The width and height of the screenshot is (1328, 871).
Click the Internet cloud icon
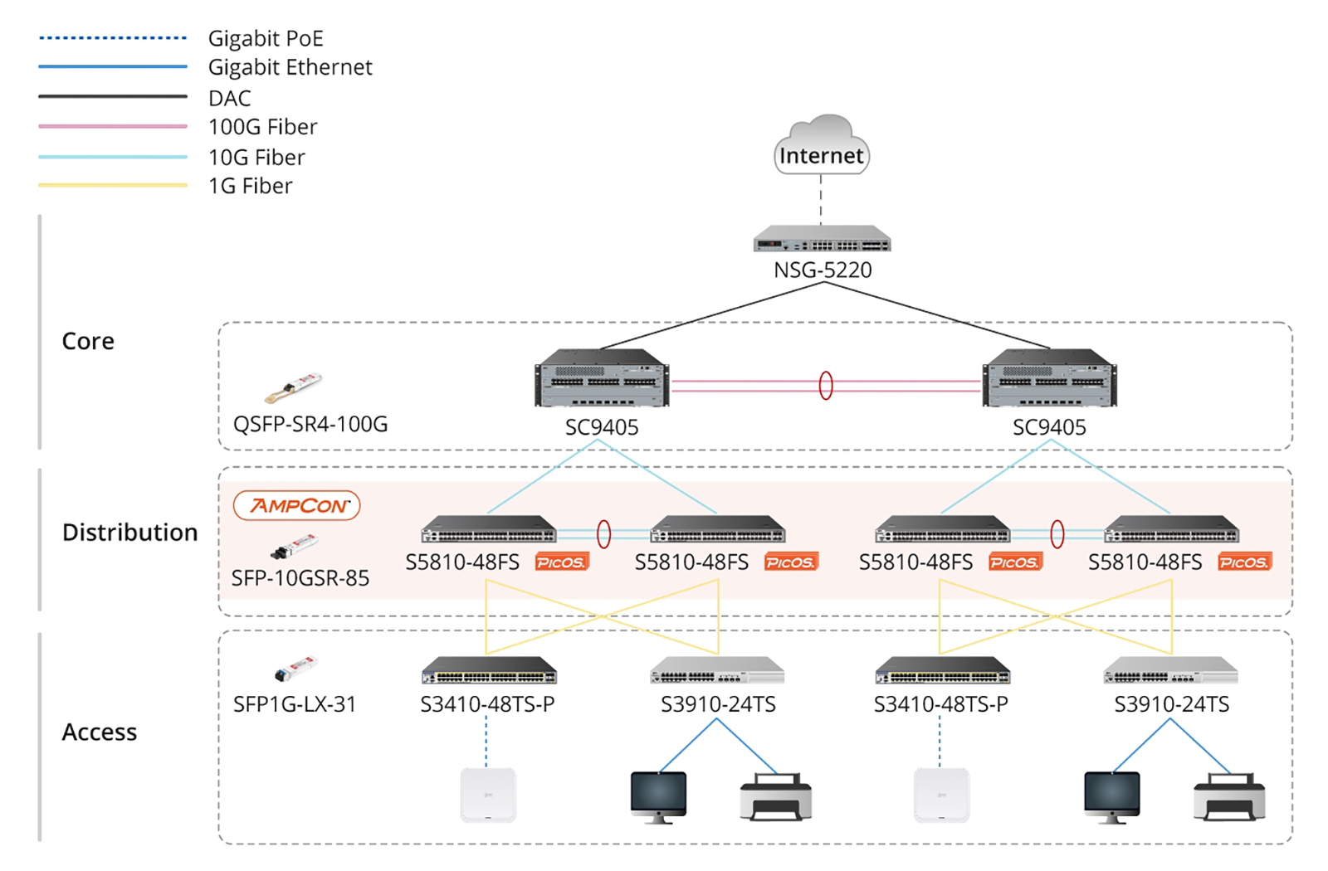point(821,145)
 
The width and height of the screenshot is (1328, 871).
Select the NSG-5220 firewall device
point(822,240)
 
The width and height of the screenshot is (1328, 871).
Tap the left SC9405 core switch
point(602,378)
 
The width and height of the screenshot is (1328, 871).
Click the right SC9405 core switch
point(1049,378)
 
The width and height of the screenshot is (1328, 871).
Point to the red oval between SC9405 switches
point(826,385)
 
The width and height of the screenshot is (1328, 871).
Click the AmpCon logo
point(297,505)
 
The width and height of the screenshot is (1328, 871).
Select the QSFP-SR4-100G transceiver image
point(294,387)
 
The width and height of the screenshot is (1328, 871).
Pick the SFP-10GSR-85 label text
point(300,578)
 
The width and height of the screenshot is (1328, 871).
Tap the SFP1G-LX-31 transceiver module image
point(296,668)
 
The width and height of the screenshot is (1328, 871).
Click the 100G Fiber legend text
point(262,127)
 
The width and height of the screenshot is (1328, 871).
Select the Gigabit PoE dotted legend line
point(112,37)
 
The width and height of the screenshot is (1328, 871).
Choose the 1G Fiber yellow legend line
point(112,185)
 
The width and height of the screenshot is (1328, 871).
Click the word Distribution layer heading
point(129,532)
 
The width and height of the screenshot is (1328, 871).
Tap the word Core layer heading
point(88,341)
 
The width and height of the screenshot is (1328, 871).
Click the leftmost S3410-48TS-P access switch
point(489,670)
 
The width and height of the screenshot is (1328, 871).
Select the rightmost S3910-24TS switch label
point(1171,704)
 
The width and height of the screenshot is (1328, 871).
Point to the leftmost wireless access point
point(488,795)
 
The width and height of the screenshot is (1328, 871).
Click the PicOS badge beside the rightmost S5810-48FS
point(1243,562)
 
